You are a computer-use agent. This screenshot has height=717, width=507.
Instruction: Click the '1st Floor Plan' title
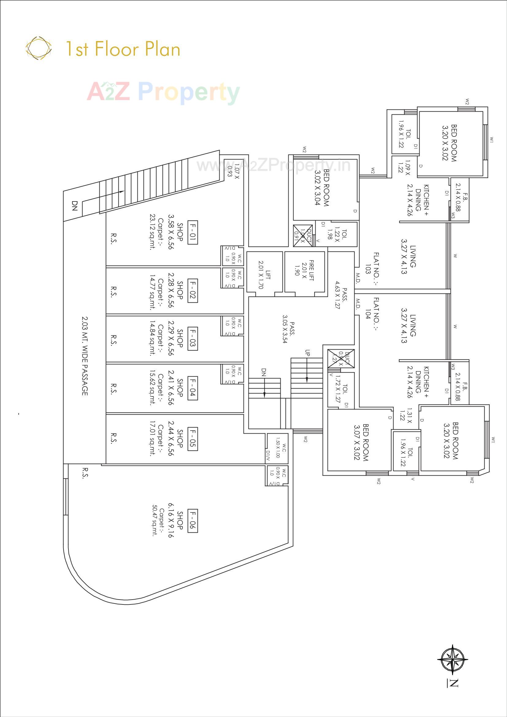point(123,49)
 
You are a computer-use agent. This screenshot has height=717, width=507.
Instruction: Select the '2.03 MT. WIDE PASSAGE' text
point(85,356)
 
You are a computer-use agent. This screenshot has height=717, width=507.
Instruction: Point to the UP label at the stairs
point(308,353)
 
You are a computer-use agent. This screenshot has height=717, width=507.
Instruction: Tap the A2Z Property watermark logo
point(163,92)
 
